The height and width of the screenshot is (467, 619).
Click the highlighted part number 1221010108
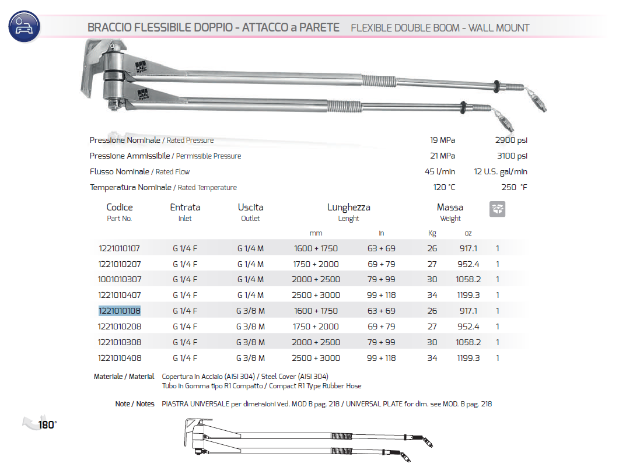pos(119,311)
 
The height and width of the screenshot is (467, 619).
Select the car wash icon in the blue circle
pos(24,27)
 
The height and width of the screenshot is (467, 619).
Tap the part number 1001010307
pos(119,279)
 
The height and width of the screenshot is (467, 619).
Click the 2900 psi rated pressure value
pos(512,140)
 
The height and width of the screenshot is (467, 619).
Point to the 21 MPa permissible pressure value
pos(442,156)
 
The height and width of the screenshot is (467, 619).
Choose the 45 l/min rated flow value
pos(440,171)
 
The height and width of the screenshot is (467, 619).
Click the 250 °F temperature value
pos(514,187)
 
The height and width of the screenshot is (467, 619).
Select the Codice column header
pos(120,207)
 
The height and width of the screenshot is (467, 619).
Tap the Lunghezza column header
pos(348,207)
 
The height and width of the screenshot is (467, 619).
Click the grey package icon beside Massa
pos(498,209)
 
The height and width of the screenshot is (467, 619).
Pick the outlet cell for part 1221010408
pos(251,358)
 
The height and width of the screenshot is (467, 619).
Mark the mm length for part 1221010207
pos(315,264)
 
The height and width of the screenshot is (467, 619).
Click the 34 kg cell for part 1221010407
pos(432,295)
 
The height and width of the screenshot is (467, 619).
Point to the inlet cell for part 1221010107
pos(185,248)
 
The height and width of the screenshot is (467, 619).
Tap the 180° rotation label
pos(47,424)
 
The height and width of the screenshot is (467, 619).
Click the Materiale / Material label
pos(124,377)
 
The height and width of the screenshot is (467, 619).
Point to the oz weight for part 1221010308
pos(468,342)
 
